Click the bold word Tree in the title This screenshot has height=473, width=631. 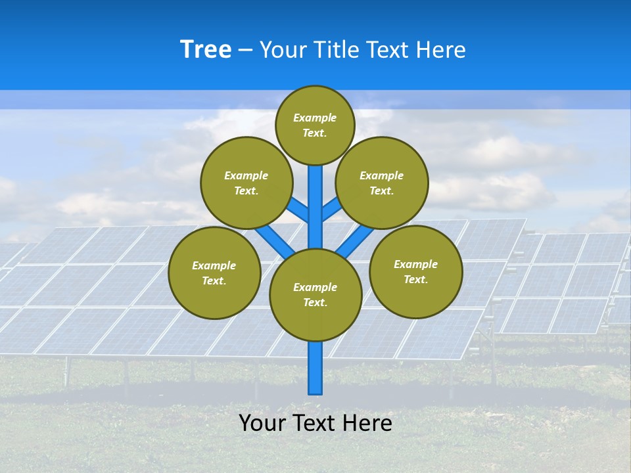point(206,49)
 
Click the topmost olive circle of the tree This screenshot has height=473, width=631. point(315,125)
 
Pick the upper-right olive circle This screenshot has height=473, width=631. point(382,183)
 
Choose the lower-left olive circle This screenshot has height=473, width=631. point(214,273)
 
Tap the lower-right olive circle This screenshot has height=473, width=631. point(416,271)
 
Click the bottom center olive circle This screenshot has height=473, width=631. point(315,295)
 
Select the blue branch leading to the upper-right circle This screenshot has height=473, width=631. point(331,210)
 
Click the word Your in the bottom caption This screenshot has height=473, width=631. point(262,423)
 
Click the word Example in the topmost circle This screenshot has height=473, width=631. point(315,118)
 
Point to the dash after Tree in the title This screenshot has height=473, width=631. point(245,50)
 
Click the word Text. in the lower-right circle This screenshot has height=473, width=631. point(416,279)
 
